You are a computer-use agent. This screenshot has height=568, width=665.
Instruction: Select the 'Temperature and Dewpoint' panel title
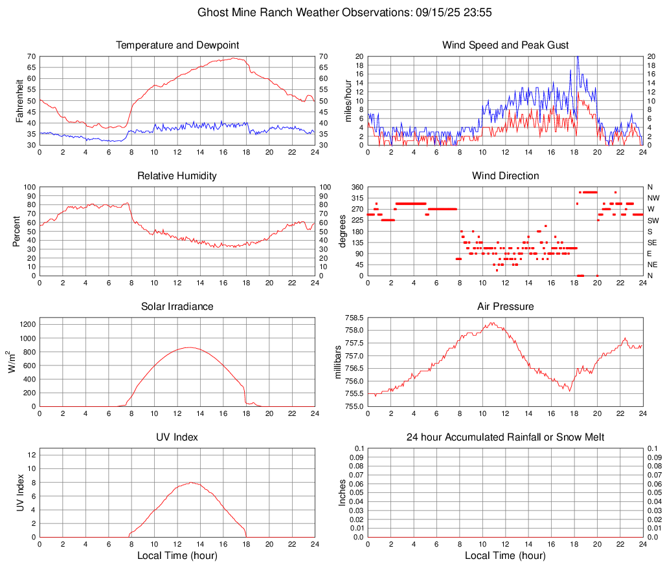point(177,45)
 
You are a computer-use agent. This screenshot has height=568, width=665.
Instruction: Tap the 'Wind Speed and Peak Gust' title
point(506,45)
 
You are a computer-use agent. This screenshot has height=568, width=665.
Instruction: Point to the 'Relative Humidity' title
point(177,176)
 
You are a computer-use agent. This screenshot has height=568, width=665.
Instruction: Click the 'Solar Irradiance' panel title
point(177,306)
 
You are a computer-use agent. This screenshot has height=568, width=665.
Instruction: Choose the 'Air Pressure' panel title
point(506,306)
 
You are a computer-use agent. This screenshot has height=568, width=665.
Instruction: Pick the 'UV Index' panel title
point(177,437)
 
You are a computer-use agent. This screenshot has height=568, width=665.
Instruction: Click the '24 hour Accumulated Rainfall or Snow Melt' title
point(506,437)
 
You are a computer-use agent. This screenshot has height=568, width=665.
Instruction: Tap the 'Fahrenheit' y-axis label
point(19,100)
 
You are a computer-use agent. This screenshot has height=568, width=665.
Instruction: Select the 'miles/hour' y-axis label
point(348,100)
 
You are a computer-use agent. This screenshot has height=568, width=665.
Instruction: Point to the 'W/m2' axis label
point(10,362)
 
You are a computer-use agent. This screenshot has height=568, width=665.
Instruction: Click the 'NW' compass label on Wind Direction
point(653,198)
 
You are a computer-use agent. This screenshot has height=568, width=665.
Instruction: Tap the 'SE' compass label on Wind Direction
point(653,243)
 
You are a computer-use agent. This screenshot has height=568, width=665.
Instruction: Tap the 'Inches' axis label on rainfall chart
point(343,492)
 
